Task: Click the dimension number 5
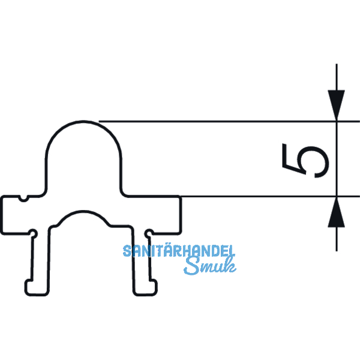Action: (x=305, y=161)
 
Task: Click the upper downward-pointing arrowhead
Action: (x=337, y=105)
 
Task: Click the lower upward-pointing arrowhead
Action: (x=337, y=212)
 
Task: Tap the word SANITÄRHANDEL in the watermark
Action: (x=179, y=250)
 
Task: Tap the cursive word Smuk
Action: (x=210, y=266)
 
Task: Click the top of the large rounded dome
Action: (x=83, y=122)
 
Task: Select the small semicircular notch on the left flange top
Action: (x=23, y=199)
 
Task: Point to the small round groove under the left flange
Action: (x=33, y=234)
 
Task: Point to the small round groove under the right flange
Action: (x=149, y=234)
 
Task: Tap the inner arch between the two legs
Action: (x=83, y=212)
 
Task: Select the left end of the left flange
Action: (x=2, y=215)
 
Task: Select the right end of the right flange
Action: (x=181, y=215)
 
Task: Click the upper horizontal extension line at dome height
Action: (x=229, y=121)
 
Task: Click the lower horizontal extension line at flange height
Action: (x=270, y=197)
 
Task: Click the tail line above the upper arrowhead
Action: (x=337, y=77)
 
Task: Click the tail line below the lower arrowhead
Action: (x=337, y=239)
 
